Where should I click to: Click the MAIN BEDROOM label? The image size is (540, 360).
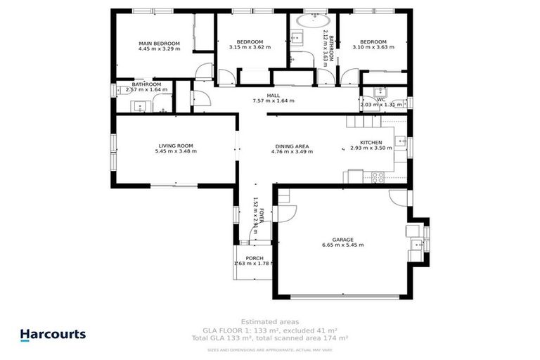pos(159,44)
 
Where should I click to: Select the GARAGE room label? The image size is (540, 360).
pos(343,240)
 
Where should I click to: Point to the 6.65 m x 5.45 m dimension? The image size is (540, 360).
pos(343,245)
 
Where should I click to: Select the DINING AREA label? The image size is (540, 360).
pos(292,146)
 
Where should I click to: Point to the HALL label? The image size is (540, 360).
pos(274,95)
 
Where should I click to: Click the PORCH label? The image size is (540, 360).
pos(254,257)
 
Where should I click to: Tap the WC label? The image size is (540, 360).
pos(381,99)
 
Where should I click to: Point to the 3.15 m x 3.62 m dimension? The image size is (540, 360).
pos(250,47)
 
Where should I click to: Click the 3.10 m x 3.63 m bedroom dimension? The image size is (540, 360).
pos(373,47)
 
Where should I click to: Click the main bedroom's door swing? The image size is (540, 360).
pos(204,70)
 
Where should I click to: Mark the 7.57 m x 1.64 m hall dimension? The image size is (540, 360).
pos(274,101)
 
